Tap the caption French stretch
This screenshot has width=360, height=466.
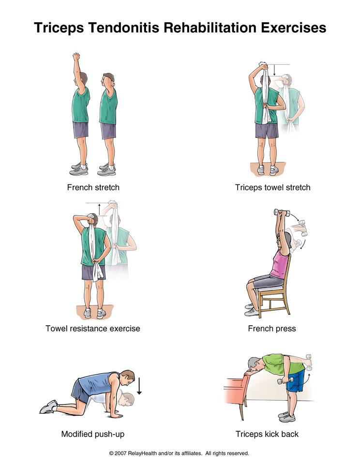point(93,188)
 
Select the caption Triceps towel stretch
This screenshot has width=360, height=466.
point(272,188)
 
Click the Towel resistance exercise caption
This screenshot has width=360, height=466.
point(93,329)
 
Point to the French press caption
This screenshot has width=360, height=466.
point(272,329)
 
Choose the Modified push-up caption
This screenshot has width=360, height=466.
point(93,434)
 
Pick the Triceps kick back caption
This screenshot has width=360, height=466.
point(267,434)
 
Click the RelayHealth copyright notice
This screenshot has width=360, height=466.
point(179,453)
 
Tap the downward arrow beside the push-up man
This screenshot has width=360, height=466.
point(139,386)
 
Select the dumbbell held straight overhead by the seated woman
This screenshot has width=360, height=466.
point(282,212)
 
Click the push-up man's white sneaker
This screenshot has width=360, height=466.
point(48,407)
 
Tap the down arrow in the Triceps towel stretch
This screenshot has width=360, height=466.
point(275,70)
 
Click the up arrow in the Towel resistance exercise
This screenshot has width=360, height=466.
point(99,209)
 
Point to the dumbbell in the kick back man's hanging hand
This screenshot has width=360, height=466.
point(285,381)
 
